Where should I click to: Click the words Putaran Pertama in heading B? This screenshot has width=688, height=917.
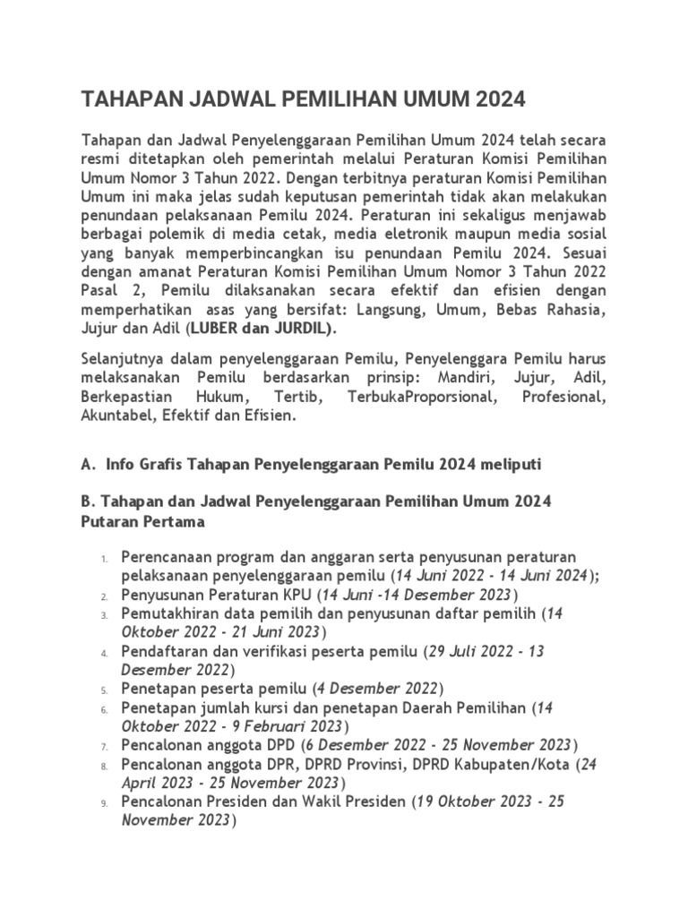tap(143, 520)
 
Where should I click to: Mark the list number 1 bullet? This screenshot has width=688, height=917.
tap(104, 560)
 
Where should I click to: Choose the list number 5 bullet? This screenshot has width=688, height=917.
tap(104, 690)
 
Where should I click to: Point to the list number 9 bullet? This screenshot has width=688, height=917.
tap(104, 801)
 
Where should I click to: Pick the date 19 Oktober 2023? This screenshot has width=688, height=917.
tap(475, 801)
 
